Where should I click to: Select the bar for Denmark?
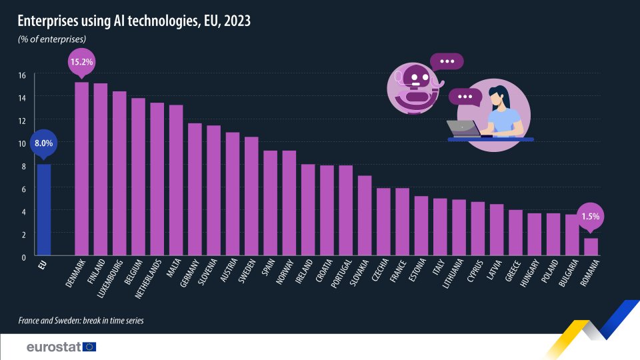click(82, 169)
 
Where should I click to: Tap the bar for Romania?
click(591, 247)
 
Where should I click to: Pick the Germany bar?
click(195, 190)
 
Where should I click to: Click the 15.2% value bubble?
click(81, 62)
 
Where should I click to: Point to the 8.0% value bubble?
click(43, 143)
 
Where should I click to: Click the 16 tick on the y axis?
click(22, 75)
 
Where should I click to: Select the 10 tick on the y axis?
click(22, 143)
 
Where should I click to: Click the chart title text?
click(134, 21)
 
